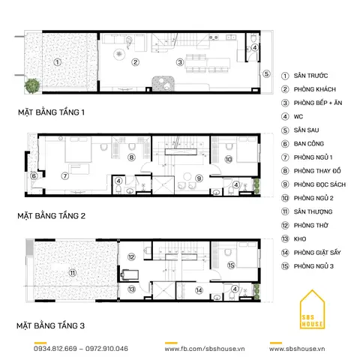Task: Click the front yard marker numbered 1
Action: [x=58, y=62]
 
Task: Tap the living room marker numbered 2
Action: [x=135, y=62]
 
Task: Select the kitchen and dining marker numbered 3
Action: [x=180, y=62]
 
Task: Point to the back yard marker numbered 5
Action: [x=266, y=73]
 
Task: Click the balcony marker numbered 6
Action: [x=34, y=176]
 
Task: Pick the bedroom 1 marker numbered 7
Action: [x=65, y=176]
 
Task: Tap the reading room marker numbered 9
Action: [x=199, y=178]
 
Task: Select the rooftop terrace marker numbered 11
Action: [x=73, y=273]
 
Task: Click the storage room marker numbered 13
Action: [x=131, y=289]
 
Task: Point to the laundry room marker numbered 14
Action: [x=199, y=290]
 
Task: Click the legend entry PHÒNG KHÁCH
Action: [x=315, y=89]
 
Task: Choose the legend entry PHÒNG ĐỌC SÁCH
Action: [x=319, y=184]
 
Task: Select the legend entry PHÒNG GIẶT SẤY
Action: [x=317, y=253]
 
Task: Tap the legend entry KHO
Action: [x=300, y=239]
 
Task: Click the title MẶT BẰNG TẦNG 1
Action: [x=51, y=112]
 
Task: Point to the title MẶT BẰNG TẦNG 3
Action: [x=51, y=325]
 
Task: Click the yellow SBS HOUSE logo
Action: [x=312, y=309]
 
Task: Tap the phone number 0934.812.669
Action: [x=55, y=349]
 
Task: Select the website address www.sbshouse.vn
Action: [x=297, y=349]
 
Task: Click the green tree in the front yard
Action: [x=32, y=85]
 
